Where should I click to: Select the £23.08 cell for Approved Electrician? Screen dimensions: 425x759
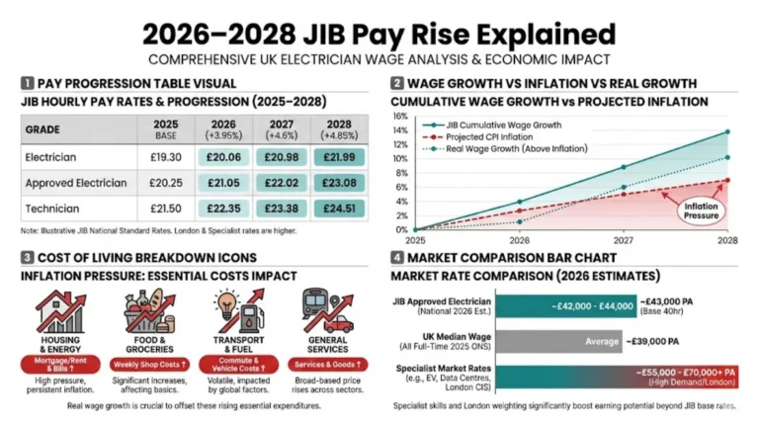click(x=339, y=183)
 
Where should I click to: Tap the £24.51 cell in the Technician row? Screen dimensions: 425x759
click(x=339, y=209)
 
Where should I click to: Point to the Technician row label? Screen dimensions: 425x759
click(x=50, y=209)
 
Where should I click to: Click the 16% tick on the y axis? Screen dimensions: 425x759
click(x=400, y=116)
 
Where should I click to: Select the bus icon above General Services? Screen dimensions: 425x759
click(x=325, y=311)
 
